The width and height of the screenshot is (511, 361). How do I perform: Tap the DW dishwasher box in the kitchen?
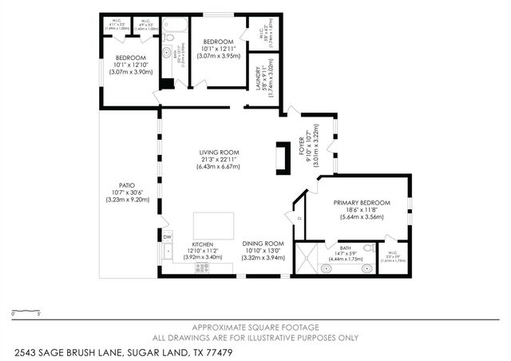(x=168, y=237)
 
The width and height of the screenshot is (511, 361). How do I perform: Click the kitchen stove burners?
(x=202, y=270)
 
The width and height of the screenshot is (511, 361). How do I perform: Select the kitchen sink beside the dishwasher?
(x=168, y=252)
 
